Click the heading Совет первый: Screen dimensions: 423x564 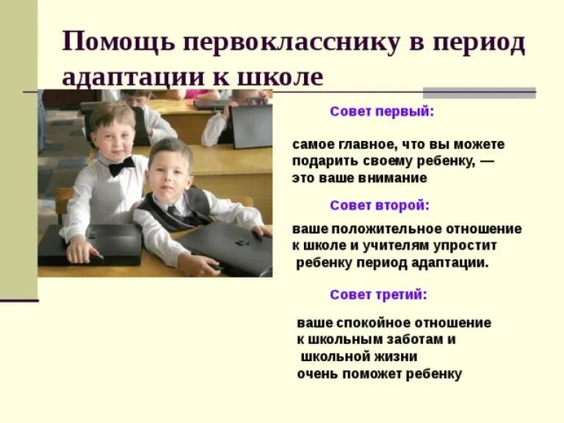382,112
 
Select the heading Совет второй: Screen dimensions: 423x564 380,205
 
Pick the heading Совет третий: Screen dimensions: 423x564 378,294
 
